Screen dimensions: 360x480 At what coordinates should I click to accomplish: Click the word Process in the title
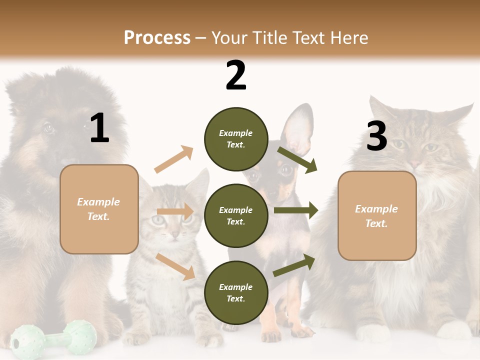coord(157,38)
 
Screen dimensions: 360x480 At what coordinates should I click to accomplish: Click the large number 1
coord(99,128)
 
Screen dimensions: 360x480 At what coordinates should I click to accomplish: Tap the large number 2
coord(235,76)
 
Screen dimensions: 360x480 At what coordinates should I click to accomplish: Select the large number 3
coord(376,136)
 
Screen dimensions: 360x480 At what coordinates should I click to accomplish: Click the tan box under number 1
coord(99,209)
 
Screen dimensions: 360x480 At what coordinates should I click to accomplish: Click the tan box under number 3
coord(377,216)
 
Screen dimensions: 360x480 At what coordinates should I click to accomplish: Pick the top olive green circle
coord(235,139)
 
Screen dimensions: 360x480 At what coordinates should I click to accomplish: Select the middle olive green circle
coord(235,216)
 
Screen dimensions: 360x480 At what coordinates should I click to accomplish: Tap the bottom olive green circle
coord(235,293)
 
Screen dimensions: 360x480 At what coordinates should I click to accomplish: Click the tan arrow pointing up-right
coord(173,159)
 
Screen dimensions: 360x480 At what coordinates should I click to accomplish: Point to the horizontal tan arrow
coord(174,211)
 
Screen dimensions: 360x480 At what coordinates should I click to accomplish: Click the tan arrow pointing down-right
coord(175,266)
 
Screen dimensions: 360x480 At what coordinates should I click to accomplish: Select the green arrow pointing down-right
coord(297,159)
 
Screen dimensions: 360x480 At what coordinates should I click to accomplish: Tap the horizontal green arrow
coord(295,210)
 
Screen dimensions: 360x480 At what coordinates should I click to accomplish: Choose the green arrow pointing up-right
coord(294,265)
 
